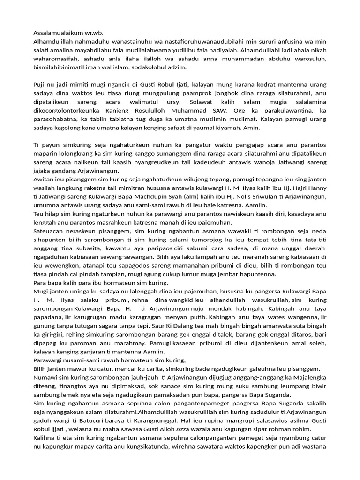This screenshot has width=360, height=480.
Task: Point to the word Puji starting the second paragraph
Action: pos(40,84)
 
